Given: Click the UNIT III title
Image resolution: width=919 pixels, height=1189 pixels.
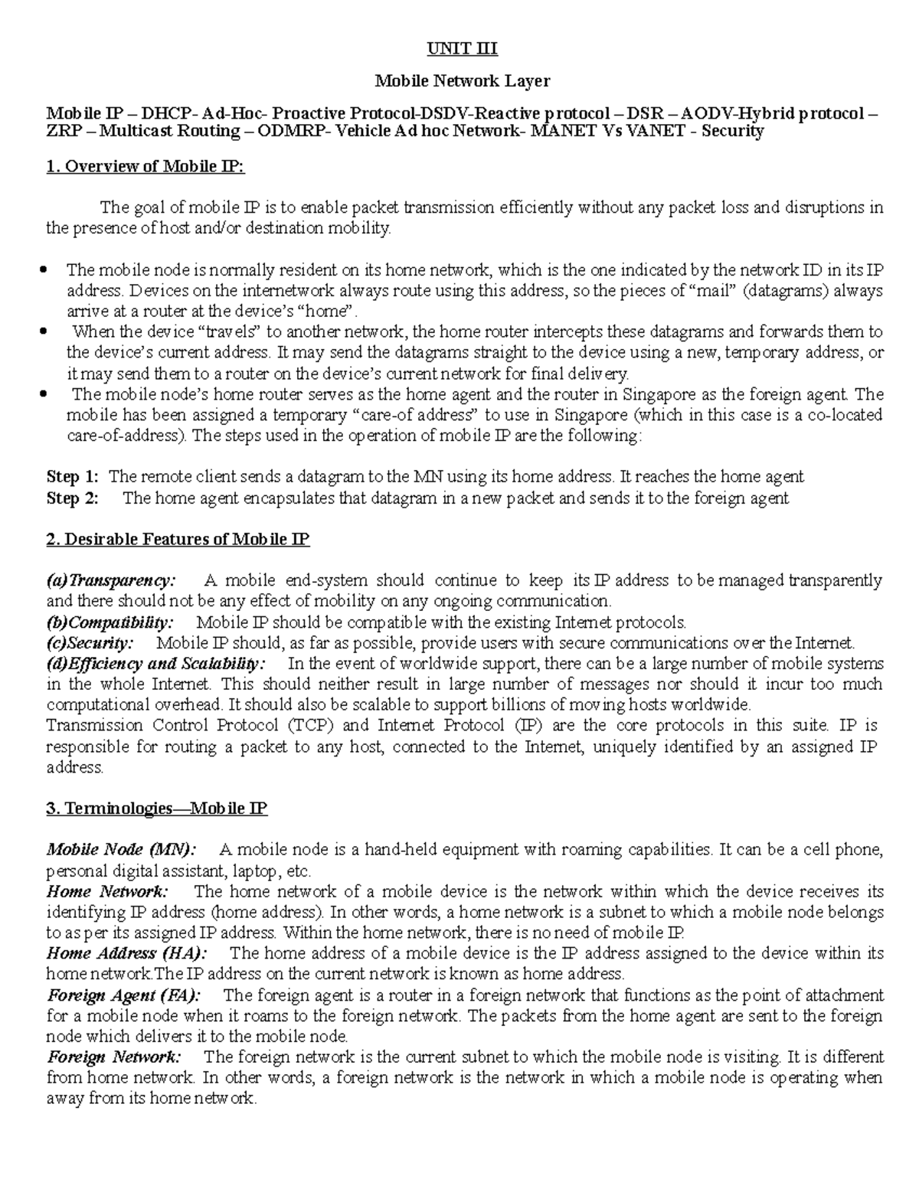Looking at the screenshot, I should coord(462,50).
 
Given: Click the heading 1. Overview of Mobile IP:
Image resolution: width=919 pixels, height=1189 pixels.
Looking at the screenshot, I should coord(146,167).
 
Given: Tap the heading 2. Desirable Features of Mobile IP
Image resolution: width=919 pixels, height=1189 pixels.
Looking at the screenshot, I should coord(178,539).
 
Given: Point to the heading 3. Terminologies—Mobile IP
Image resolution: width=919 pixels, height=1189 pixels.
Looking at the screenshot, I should coord(156,808).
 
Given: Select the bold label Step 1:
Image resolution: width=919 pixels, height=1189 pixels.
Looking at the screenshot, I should coord(72,477).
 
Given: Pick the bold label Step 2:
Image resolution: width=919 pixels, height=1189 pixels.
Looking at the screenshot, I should coord(72,498).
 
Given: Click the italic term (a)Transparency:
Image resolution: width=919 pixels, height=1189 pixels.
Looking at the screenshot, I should coord(111,580).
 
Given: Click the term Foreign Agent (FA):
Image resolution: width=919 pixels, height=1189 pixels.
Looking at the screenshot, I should coord(124,995).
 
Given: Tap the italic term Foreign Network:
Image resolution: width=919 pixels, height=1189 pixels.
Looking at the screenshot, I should coord(114,1057).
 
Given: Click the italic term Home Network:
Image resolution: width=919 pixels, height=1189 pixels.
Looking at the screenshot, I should coord(106,891).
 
